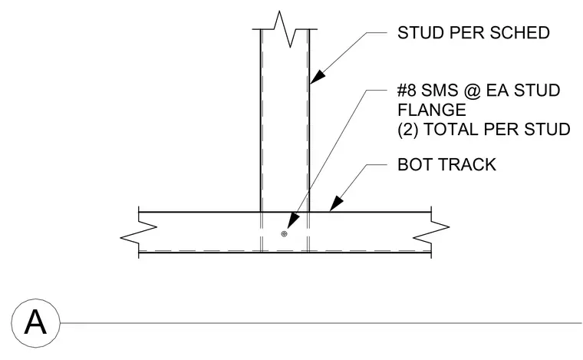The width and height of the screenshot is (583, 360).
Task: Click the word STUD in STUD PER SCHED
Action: pos(421,33)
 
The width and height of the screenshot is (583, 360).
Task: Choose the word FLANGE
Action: pos(432,110)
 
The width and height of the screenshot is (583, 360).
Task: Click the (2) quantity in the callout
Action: pos(408,130)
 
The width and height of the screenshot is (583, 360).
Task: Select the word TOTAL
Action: pos(450,130)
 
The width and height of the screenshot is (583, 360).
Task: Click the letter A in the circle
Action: pos(35,322)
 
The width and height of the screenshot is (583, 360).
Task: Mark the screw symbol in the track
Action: pos(284,234)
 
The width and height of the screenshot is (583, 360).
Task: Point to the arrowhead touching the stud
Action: pos(317,77)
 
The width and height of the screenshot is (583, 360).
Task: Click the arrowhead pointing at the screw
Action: pos(293,220)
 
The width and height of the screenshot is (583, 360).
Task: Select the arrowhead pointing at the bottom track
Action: pos(336,204)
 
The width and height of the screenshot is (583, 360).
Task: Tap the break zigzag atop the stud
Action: pos(285,29)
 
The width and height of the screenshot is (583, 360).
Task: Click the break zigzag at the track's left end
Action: pos(138,232)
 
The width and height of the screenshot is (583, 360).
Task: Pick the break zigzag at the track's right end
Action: pos(431,232)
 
